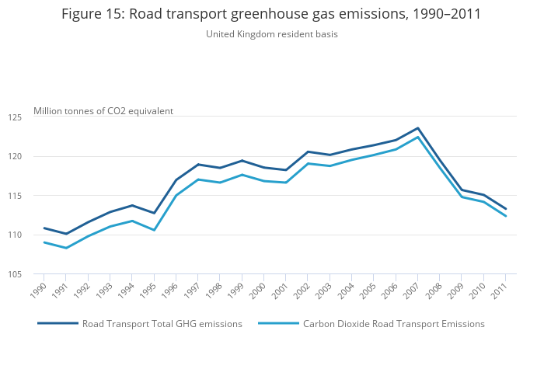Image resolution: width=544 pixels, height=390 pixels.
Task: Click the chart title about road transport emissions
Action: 271,14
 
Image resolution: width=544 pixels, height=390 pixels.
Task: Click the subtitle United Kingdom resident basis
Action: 271,34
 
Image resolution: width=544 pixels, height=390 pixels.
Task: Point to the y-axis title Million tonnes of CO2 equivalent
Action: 103,111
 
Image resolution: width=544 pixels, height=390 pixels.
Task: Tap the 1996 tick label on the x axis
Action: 172,290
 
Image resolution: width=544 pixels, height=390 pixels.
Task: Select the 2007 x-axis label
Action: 413,290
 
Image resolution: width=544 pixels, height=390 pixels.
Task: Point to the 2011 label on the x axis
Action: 501,290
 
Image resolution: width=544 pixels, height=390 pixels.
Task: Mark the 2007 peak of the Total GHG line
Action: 418,128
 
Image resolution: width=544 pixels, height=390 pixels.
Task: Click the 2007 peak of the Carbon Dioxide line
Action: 418,137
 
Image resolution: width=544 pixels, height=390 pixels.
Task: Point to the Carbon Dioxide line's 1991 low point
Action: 66,248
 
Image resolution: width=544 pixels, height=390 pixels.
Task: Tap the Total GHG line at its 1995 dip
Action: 154,213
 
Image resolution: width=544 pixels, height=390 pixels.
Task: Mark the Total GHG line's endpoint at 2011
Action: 506,209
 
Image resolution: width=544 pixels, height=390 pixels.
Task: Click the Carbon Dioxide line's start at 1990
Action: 44,242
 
